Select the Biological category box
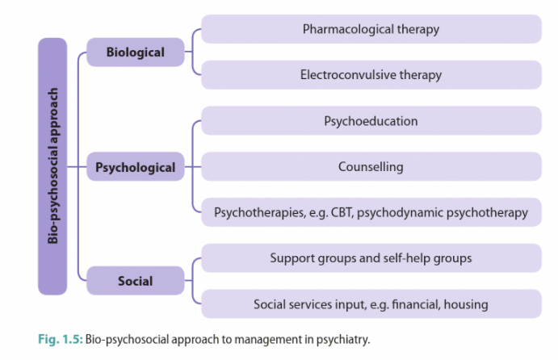point(136,52)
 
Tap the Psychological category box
point(136,168)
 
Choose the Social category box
point(136,282)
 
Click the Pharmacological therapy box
point(371,29)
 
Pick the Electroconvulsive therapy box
point(371,75)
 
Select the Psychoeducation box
point(371,121)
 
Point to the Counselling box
point(371,167)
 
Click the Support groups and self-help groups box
point(371,258)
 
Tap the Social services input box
point(371,304)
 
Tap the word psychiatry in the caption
point(346,339)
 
